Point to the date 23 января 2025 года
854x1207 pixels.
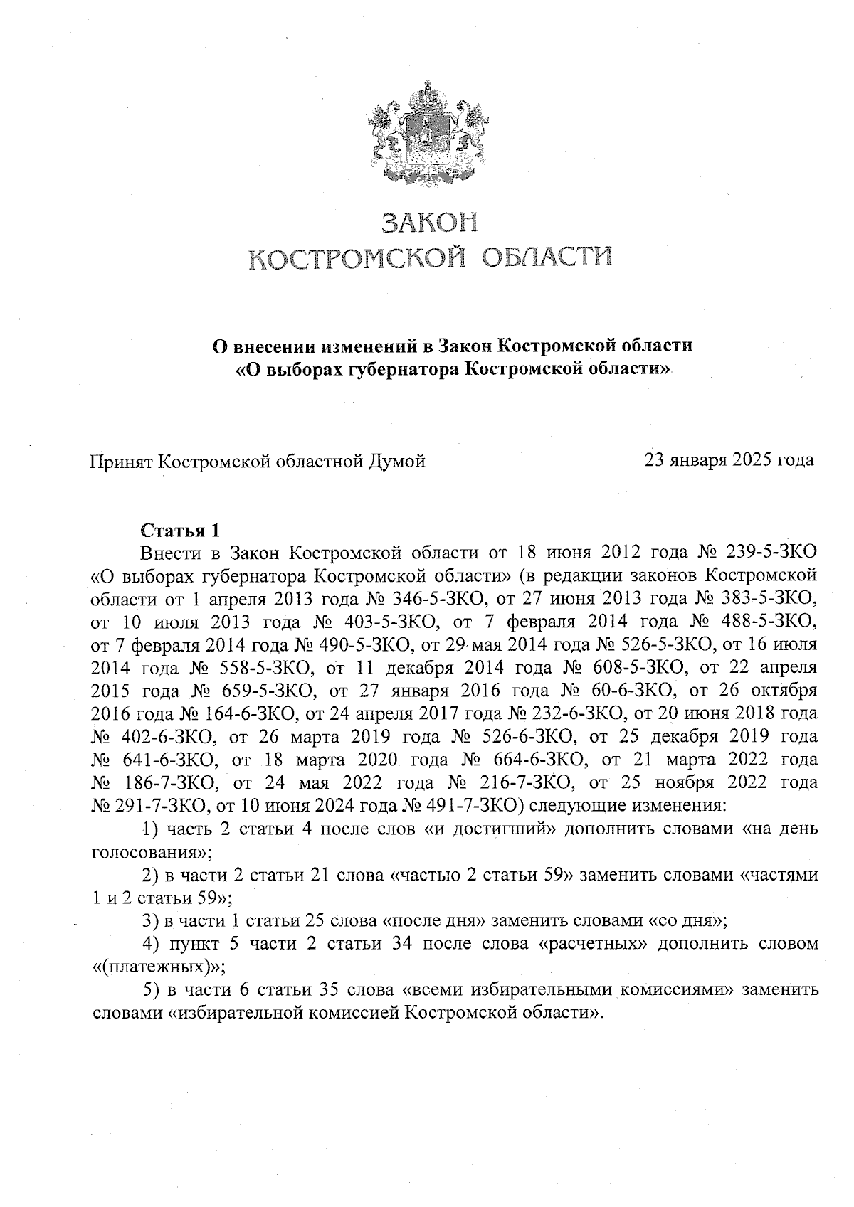[729, 460]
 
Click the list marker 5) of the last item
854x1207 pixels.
[150, 989]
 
